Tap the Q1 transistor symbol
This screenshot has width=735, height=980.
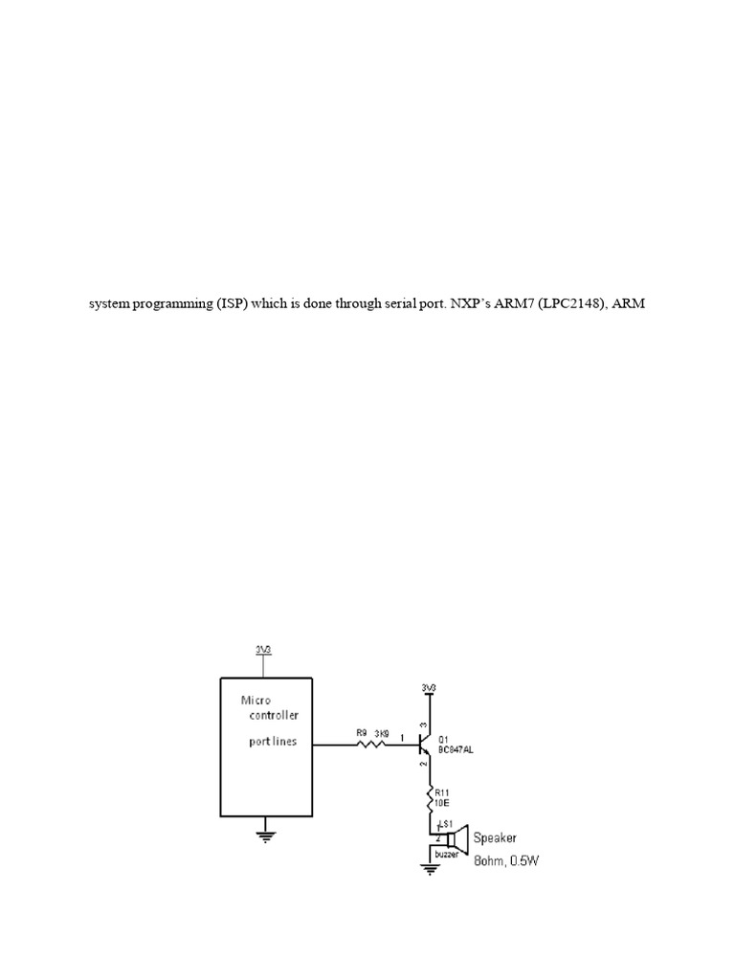point(425,742)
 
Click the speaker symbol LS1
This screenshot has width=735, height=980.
point(454,839)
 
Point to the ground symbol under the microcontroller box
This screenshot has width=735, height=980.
point(265,835)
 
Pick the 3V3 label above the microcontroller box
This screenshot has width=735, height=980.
point(263,649)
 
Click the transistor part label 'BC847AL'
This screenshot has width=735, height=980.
point(456,751)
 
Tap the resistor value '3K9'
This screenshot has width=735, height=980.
point(380,733)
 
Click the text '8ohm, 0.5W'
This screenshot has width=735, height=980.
point(507,860)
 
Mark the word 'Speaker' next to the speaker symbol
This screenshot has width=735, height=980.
point(496,837)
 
